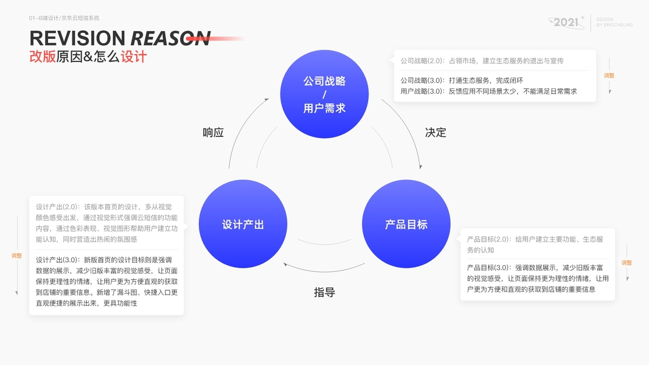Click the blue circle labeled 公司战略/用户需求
click(x=324, y=94)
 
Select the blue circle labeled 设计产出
click(x=243, y=224)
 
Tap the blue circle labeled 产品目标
click(x=406, y=224)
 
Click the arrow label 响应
click(x=213, y=133)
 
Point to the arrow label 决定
click(x=436, y=133)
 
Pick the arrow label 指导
click(x=324, y=292)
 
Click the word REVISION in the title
click(x=77, y=38)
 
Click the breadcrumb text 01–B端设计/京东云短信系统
click(x=64, y=18)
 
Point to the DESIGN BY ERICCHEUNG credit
click(x=614, y=23)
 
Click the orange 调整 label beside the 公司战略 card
click(x=609, y=75)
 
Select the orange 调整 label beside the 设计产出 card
click(x=16, y=255)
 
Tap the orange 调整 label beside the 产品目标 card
click(x=626, y=263)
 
